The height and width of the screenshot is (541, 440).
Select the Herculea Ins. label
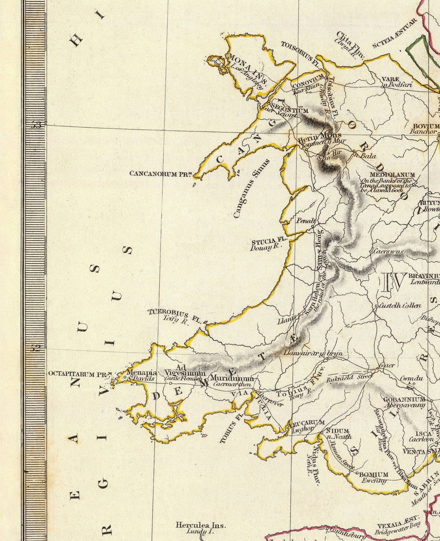200,525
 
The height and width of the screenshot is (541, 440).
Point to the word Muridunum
232,378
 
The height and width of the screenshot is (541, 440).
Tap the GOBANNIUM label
404,399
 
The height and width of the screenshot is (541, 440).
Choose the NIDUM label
337,431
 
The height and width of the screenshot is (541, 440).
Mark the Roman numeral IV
394,281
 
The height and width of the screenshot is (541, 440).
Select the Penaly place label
306,221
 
